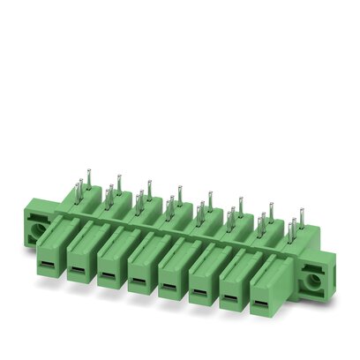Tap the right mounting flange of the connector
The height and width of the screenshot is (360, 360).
(315, 281)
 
